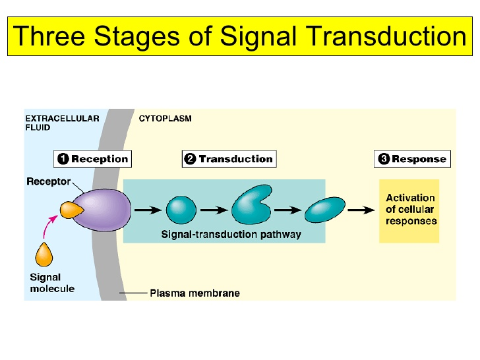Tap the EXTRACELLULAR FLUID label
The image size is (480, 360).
pos(62,123)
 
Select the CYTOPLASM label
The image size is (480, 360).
pos(165,119)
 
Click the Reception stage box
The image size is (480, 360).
pos(92,159)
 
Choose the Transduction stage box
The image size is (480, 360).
pos(228,159)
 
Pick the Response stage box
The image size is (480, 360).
pos(412,159)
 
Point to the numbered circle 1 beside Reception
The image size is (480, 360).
pos(63,159)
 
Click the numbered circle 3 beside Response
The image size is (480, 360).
pos(384,159)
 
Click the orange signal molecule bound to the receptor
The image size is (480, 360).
pos(71,210)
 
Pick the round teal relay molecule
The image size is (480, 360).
pos(181,210)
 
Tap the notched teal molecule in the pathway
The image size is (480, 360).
pos(251,206)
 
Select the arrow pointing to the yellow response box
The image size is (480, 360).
pos(359,210)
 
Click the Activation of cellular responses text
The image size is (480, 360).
pos(411,210)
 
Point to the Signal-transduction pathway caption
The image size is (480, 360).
pos(231,234)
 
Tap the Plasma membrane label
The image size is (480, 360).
pos(195,293)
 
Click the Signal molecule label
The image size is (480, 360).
pos(52,283)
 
